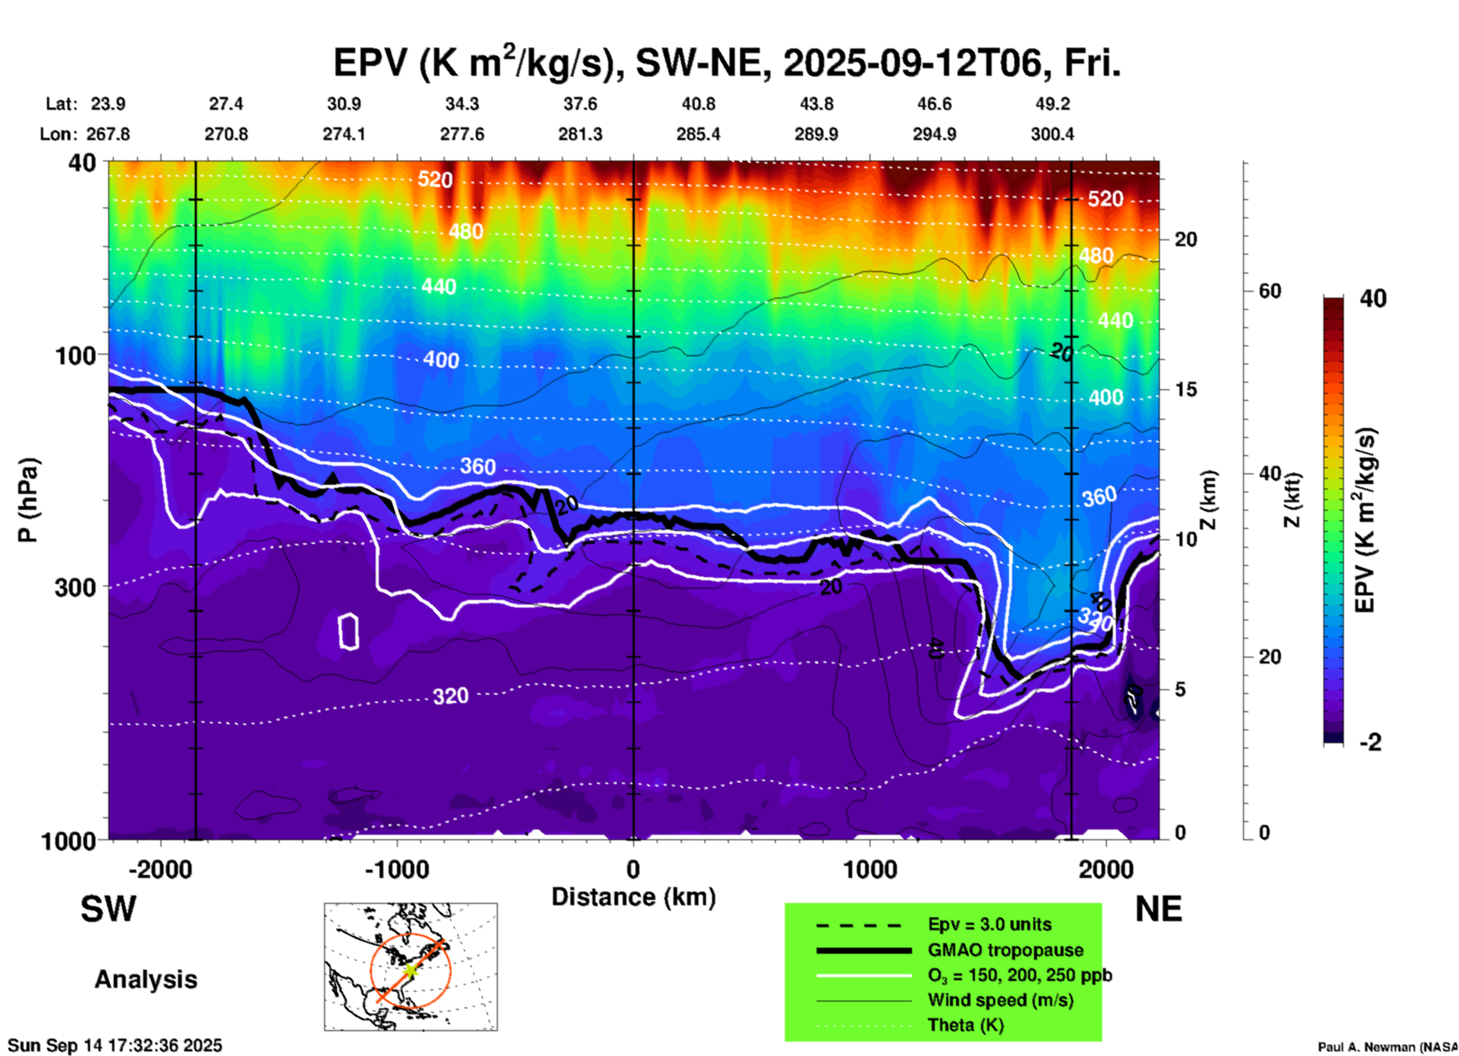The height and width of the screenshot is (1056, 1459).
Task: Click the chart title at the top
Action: click(726, 63)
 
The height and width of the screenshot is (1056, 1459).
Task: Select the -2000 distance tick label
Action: click(161, 870)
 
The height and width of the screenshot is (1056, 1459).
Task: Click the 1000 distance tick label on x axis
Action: click(870, 870)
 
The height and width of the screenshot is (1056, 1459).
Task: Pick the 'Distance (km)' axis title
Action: click(633, 897)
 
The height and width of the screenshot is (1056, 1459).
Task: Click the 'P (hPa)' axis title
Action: click(28, 500)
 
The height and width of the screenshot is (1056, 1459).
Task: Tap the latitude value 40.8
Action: click(698, 104)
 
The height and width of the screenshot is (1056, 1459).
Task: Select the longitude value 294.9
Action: click(933, 134)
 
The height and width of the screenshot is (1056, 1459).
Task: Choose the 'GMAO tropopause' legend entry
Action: click(1005, 950)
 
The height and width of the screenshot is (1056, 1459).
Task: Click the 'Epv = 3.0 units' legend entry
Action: click(989, 925)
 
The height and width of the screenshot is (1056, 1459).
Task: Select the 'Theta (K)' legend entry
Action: click(965, 1025)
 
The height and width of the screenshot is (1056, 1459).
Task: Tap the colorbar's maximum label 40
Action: click(1373, 298)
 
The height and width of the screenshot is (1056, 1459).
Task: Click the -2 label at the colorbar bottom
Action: click(1370, 742)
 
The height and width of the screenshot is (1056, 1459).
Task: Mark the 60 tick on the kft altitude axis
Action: click(1269, 291)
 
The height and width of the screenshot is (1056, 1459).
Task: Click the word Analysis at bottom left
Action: click(145, 979)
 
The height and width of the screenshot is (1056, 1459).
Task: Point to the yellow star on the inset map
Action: click(410, 970)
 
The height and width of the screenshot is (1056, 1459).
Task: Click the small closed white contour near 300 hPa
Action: click(348, 631)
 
